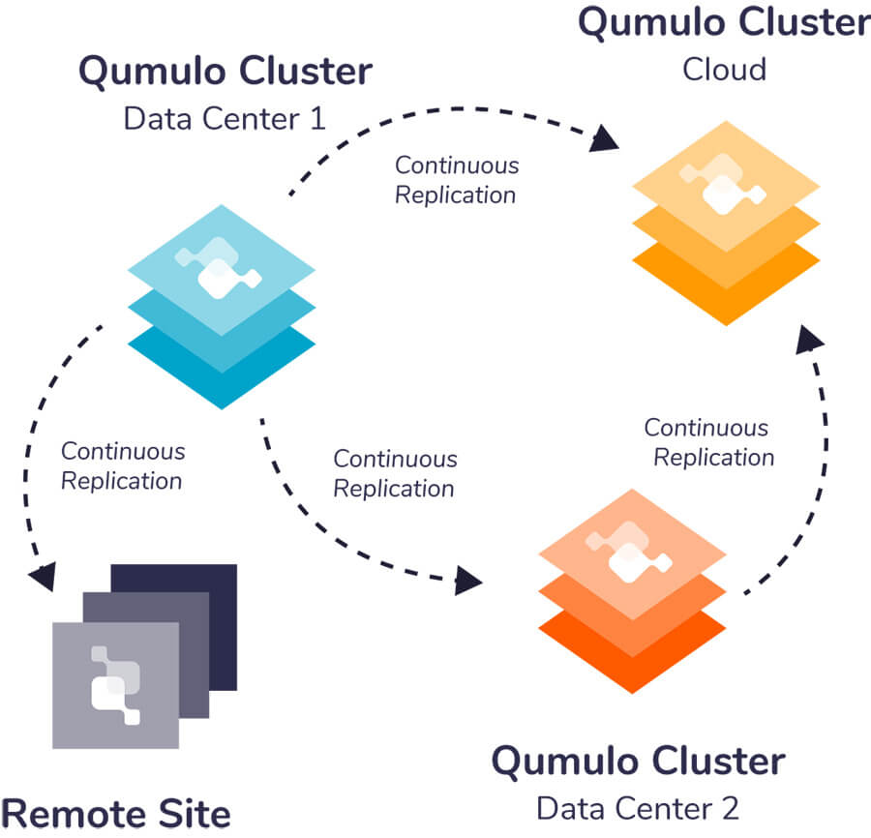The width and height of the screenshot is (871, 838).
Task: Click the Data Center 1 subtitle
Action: [224, 119]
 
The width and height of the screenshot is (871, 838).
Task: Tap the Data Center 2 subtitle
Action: [638, 806]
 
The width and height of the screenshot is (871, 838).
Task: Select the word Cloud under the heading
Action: [725, 70]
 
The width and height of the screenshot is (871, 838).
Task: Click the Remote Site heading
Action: [116, 814]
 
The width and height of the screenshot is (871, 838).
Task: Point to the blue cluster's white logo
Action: [218, 268]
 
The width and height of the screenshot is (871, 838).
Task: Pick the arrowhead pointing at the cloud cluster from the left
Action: [606, 140]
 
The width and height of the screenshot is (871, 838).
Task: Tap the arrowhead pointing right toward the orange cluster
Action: [468, 581]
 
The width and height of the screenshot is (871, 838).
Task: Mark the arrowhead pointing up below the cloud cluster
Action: [811, 338]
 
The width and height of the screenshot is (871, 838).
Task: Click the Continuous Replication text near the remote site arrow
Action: [122, 465]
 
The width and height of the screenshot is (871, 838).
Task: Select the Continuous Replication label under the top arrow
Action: [456, 179]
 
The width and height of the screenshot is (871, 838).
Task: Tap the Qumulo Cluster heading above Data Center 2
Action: [638, 762]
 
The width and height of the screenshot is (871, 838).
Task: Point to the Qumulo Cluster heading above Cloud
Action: [724, 22]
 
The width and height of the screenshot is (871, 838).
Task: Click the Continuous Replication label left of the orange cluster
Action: [394, 473]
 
